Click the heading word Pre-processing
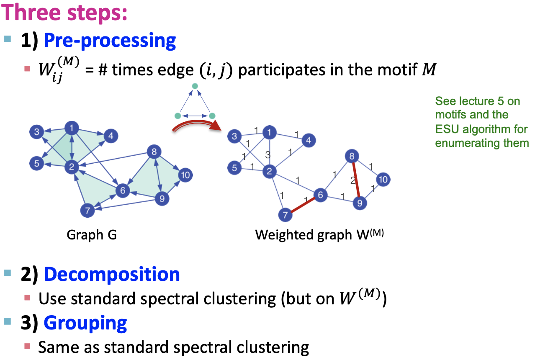(110, 41)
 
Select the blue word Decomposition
(112, 275)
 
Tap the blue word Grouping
(85, 323)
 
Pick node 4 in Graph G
(111, 136)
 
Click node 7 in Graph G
(87, 210)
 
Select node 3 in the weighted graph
(234, 136)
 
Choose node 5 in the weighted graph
(234, 168)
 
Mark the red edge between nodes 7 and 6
(303, 205)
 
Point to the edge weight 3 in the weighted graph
(267, 155)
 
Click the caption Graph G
(91, 235)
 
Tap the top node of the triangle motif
(194, 86)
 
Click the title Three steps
(64, 14)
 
